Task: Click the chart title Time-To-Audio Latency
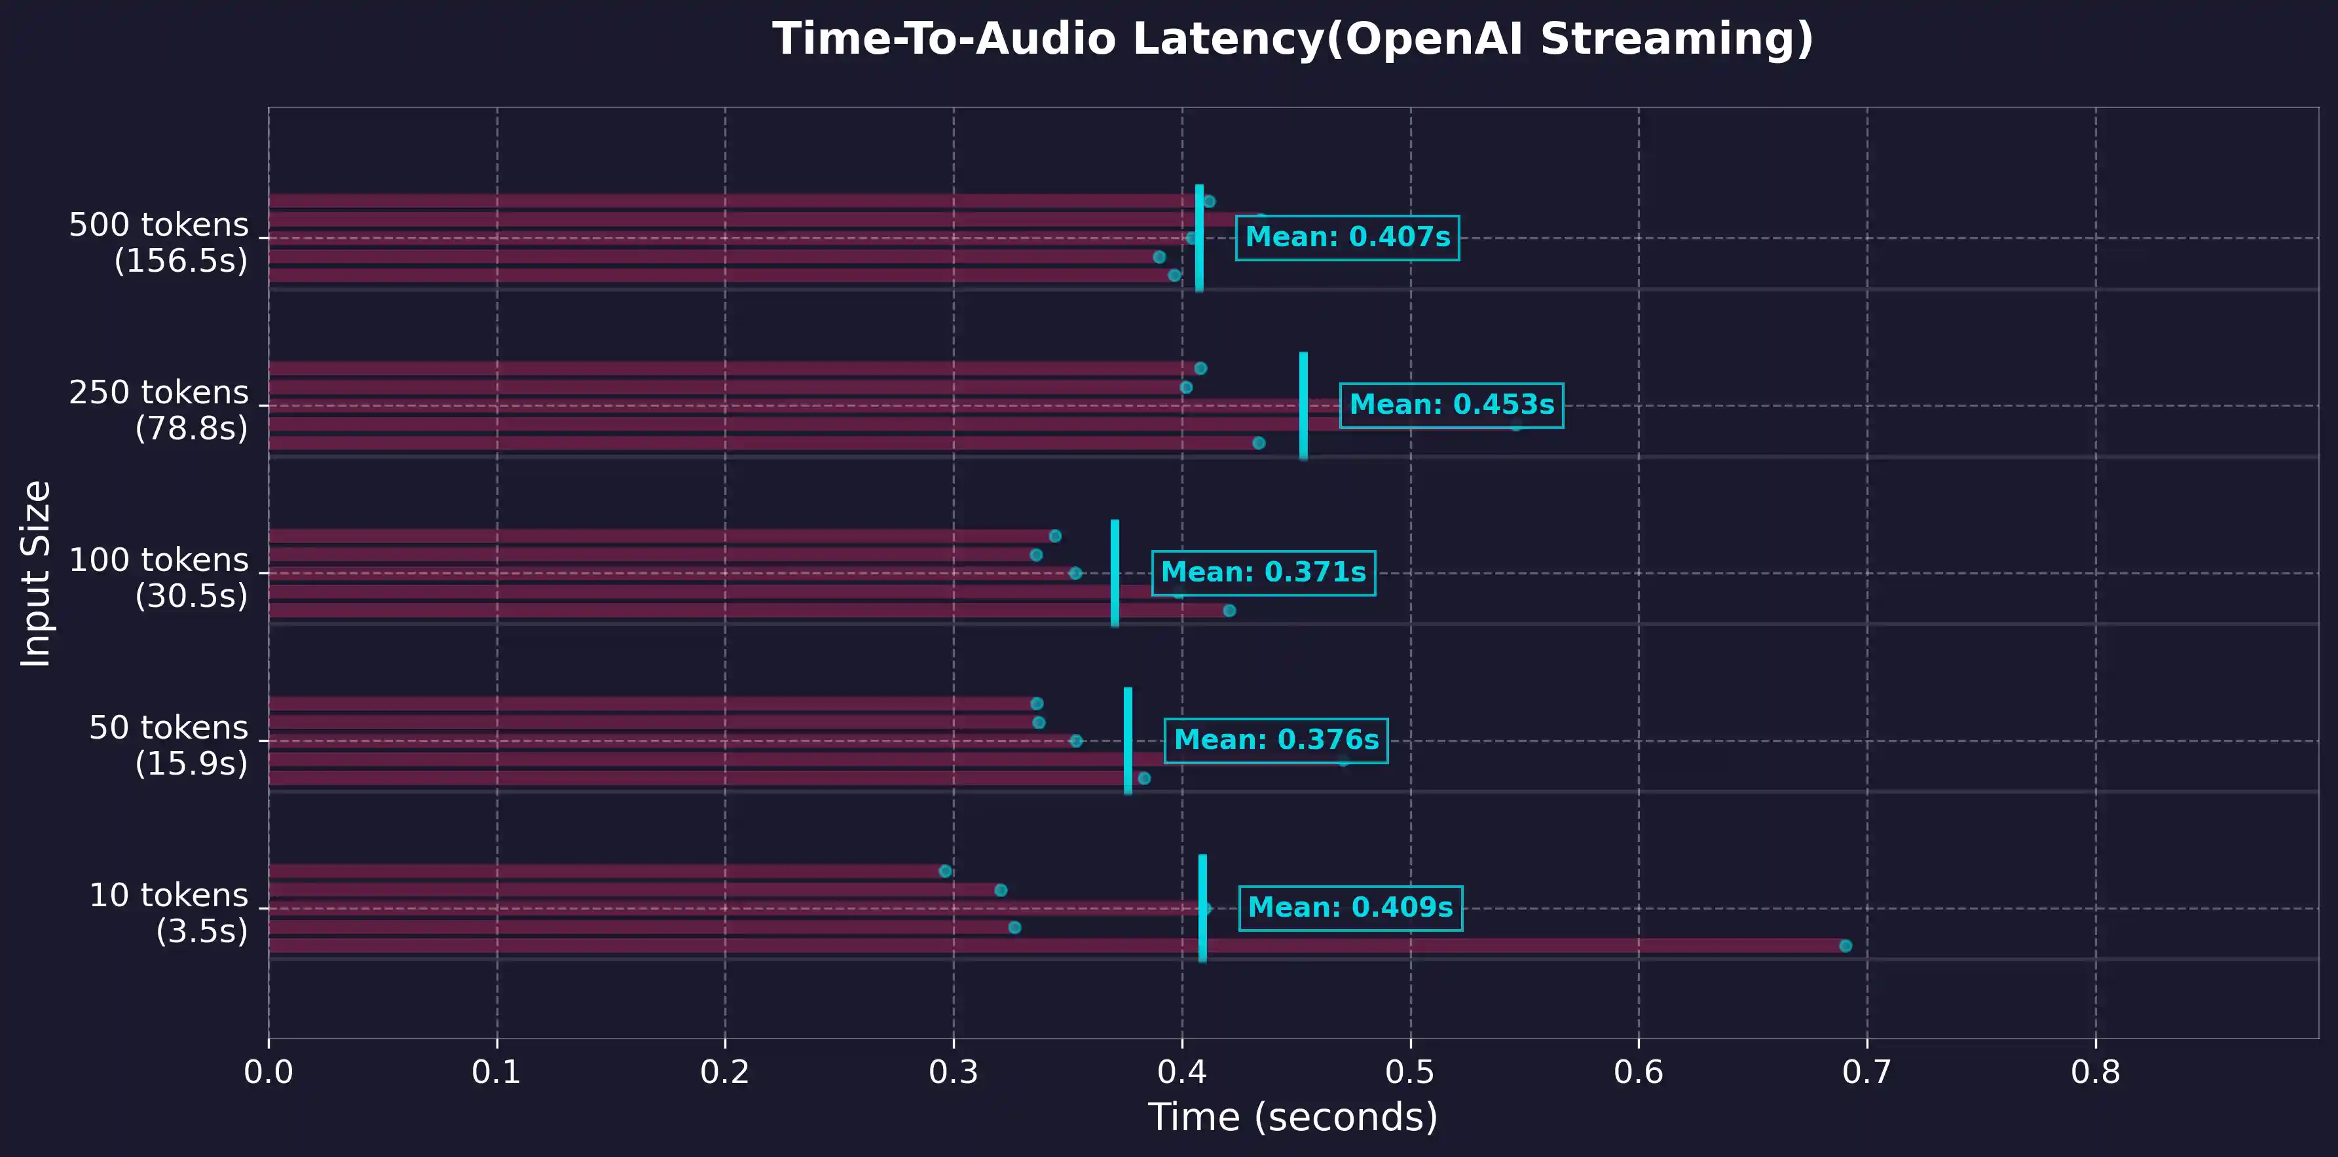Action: tap(1292, 40)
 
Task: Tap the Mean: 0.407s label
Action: tap(1347, 238)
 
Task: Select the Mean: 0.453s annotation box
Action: tap(1451, 405)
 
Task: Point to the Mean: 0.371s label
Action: tap(1263, 572)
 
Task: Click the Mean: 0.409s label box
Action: tap(1350, 908)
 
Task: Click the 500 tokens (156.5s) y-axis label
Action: tap(159, 242)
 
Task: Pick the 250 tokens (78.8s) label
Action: tap(159, 409)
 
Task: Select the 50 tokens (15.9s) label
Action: tap(169, 745)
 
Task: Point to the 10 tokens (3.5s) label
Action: tap(169, 912)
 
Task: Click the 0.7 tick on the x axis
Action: tap(1867, 1073)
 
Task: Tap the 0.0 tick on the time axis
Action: tap(269, 1073)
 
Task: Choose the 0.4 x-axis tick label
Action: tap(1181, 1073)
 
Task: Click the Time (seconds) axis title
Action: tap(1292, 1117)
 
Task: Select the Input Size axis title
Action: tap(36, 574)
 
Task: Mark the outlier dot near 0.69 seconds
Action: tap(1845, 946)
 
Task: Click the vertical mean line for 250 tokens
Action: tap(1303, 405)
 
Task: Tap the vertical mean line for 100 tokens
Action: tap(1115, 572)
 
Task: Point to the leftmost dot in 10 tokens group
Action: tap(945, 871)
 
